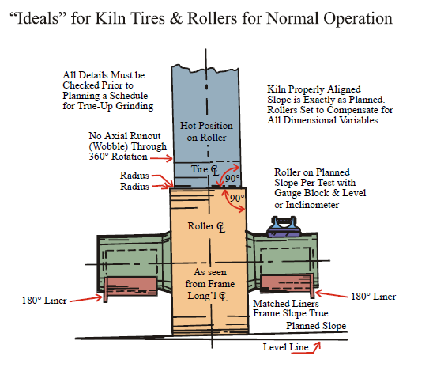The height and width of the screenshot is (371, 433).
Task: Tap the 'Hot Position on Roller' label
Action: click(x=206, y=131)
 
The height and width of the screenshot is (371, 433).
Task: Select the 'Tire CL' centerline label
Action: click(x=205, y=169)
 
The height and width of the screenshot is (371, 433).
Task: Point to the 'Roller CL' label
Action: click(x=206, y=227)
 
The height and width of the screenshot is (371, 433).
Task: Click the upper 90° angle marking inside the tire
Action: click(x=232, y=178)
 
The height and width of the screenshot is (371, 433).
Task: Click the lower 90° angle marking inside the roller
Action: click(x=237, y=198)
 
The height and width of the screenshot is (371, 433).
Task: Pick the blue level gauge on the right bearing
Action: click(x=284, y=227)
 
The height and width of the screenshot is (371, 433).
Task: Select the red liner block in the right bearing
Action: click(x=287, y=284)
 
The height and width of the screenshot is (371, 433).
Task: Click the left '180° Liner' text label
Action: click(x=44, y=301)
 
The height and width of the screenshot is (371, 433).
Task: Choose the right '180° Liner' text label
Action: click(x=374, y=297)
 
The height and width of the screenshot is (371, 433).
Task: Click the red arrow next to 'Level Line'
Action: click(x=314, y=348)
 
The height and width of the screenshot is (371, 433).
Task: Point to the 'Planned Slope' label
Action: click(x=316, y=326)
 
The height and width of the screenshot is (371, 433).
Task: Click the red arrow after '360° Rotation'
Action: click(x=161, y=158)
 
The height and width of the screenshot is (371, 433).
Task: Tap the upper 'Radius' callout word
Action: click(x=134, y=176)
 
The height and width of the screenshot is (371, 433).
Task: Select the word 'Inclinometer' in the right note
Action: click(x=312, y=205)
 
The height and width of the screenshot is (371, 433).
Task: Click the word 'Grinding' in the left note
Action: click(x=134, y=106)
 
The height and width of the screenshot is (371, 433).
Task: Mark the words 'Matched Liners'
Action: click(x=286, y=304)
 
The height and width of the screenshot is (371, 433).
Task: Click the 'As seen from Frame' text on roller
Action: click(x=210, y=278)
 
